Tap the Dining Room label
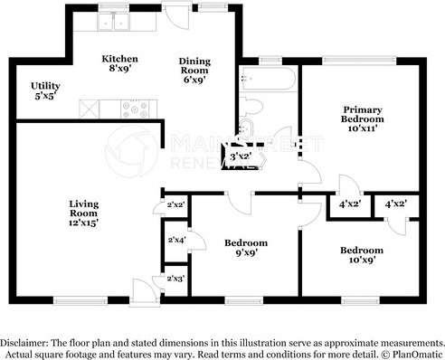point(194,71)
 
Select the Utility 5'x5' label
point(45,90)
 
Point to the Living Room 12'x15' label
point(84,213)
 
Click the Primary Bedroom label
point(363,118)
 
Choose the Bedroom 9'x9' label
point(246,248)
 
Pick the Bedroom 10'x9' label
point(362,255)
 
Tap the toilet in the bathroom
point(251,107)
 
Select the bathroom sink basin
point(245,128)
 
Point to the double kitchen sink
point(113,21)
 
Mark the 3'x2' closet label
point(241,156)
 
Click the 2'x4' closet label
point(176,240)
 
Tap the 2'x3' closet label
point(175,279)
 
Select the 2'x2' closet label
point(175,204)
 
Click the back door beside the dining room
point(177,15)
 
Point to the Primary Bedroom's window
point(359,61)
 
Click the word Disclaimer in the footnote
point(24,343)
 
